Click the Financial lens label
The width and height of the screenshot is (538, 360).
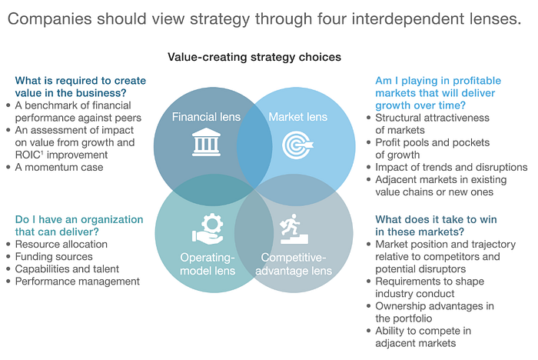pos(206,118)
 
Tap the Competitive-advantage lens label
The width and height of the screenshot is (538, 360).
pos(297,264)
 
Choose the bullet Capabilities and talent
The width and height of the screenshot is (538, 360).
pos(75,269)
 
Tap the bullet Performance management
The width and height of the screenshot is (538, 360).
pos(78,282)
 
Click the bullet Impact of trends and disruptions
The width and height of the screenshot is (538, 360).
pos(450,167)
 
